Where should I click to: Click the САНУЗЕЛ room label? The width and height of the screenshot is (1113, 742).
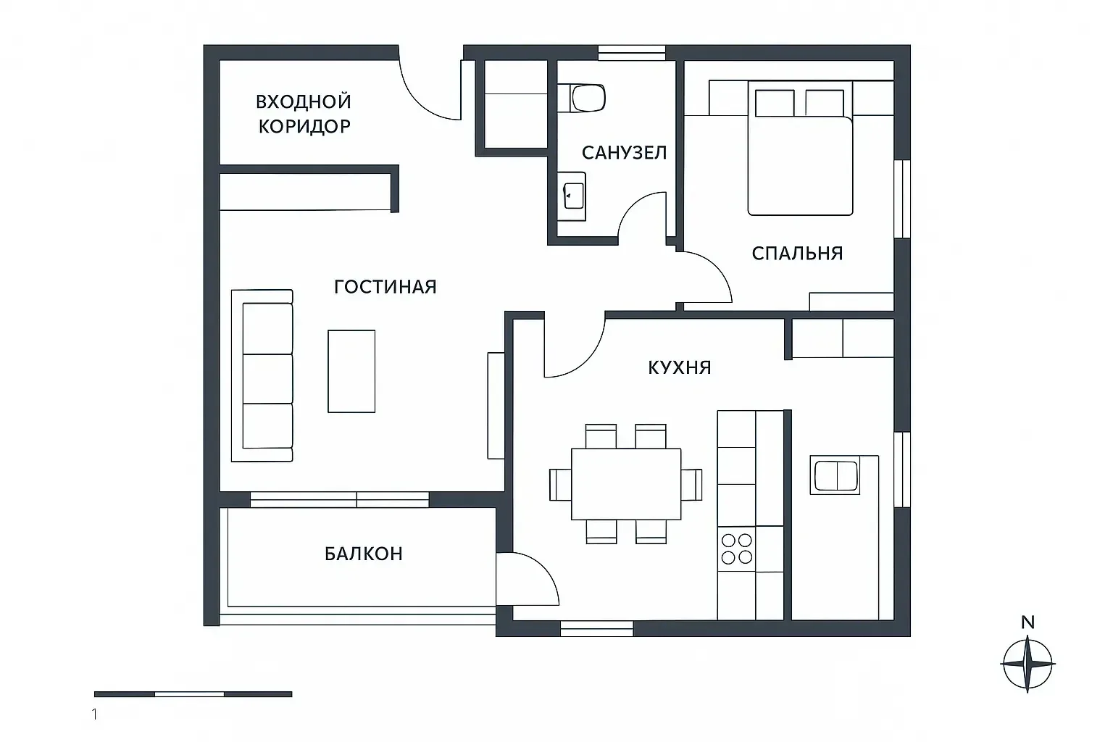tap(624, 153)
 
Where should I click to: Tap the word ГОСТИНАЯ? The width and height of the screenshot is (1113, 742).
tap(385, 287)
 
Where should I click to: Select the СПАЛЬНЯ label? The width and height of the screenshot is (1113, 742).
tap(797, 254)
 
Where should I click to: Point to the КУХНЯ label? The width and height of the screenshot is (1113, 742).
tap(679, 368)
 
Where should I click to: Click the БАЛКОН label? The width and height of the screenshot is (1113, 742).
tap(363, 554)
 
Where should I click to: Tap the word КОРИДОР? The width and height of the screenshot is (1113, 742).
tap(304, 126)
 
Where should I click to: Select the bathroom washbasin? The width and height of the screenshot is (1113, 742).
tap(572, 196)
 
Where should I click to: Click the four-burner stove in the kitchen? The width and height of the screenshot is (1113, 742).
tap(736, 549)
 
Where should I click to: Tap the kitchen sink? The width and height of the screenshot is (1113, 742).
tap(835, 475)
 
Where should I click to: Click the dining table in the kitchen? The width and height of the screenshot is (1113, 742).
tap(626, 484)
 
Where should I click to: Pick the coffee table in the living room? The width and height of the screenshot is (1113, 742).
tap(351, 371)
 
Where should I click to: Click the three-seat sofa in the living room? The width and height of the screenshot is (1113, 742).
tap(262, 376)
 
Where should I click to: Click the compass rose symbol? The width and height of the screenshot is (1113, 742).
tap(1027, 664)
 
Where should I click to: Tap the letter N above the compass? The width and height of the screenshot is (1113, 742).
tap(1028, 622)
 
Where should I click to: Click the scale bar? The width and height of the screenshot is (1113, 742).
tap(193, 694)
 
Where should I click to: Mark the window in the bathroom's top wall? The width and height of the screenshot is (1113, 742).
tap(631, 53)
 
